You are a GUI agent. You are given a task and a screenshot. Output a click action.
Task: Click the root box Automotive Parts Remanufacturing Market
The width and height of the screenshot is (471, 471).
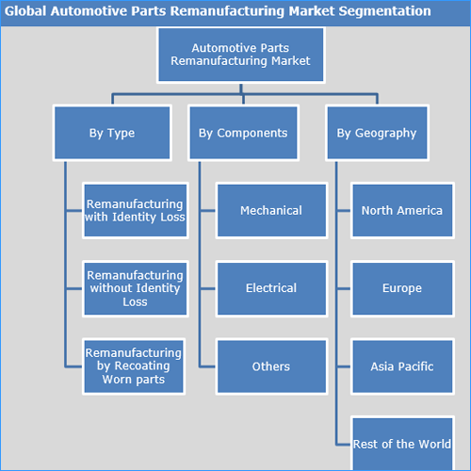coord(241,55)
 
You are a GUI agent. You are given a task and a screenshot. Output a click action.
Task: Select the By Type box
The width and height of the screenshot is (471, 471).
coord(112,133)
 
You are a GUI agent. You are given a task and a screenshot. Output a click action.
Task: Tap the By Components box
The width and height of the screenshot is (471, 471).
coord(243,133)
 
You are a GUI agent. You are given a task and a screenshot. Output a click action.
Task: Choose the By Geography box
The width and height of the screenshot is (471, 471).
coord(377,133)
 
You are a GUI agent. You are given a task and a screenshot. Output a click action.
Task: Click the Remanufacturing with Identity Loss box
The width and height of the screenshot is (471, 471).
coord(136,210)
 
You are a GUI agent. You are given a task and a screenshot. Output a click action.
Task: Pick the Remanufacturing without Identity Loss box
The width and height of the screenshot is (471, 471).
coord(136,288)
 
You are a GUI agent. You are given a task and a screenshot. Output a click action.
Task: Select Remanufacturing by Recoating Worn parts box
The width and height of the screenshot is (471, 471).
coord(134,366)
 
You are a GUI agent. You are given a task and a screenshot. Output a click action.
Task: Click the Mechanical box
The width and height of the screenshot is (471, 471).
coord(271,210)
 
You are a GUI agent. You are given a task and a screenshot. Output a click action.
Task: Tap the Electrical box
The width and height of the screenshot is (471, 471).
coord(271,288)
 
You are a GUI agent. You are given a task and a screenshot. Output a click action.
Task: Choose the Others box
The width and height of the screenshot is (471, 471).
coord(271,366)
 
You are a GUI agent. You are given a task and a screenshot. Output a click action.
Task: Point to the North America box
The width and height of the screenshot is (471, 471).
coord(402,210)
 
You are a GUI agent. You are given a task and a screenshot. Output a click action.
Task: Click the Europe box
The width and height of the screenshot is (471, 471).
coord(402,288)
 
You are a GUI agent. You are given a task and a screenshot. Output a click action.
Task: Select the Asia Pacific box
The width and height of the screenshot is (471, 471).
coord(402,366)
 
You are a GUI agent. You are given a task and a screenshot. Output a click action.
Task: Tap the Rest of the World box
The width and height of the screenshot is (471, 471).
coord(402,444)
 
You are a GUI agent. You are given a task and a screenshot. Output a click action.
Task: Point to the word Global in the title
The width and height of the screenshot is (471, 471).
coord(25,11)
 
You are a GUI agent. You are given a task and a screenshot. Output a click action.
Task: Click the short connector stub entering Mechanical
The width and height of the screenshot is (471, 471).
coord(207,210)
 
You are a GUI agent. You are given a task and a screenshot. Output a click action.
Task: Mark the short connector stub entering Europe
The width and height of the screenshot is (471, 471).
coord(344,288)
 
